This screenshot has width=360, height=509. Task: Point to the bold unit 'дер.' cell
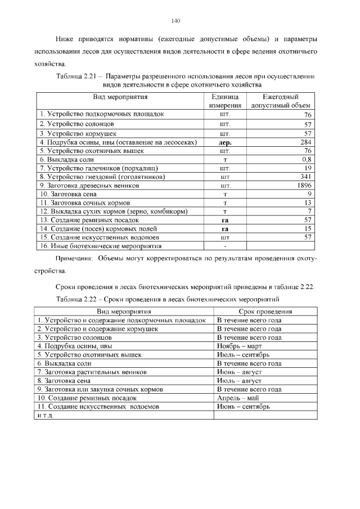click(x=225, y=143)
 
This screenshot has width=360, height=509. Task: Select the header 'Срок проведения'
click(x=265, y=311)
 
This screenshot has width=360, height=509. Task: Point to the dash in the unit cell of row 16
click(x=225, y=246)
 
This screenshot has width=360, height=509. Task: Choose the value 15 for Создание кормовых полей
click(x=308, y=228)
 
